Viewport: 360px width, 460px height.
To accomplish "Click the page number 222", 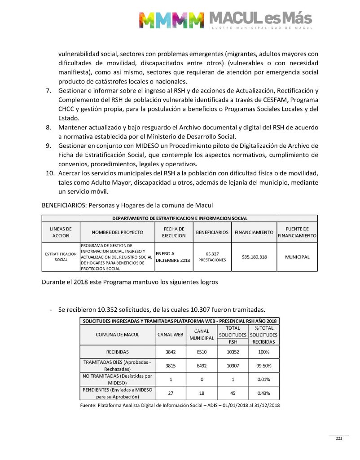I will (339, 438).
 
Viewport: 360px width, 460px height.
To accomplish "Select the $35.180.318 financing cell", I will (254, 257).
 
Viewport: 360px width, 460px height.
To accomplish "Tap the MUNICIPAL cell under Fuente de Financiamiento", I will (297, 257).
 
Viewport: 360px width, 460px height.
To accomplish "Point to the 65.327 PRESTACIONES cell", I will (212, 257).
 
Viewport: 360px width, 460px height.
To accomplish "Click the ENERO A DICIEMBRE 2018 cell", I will (173, 257).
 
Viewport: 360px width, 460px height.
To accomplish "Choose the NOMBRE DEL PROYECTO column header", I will (117, 232).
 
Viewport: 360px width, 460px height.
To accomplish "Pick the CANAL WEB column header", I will (170, 335).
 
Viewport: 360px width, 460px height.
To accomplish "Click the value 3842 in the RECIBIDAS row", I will (170, 352).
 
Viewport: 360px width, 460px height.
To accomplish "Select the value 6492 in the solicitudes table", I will (202, 366).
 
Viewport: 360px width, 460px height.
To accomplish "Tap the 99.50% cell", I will (263, 366).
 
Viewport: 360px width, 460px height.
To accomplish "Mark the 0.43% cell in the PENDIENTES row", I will (263, 393).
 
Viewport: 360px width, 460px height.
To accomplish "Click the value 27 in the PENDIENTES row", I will (170, 393).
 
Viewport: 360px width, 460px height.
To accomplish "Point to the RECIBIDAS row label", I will (117, 352).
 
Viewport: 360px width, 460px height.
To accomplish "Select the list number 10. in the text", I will (52, 173).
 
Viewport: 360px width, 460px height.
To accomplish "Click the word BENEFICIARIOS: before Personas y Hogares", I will (64, 205).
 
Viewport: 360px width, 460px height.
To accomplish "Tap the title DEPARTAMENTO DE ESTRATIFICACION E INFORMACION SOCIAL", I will (180, 218).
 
